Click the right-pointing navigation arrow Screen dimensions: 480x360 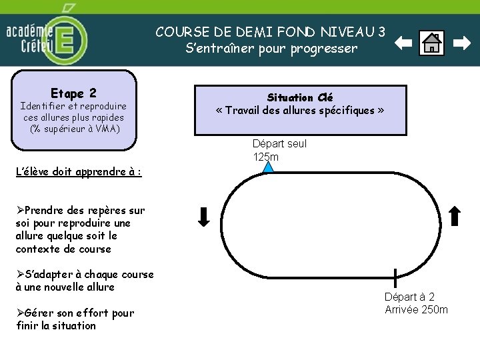tap(461, 44)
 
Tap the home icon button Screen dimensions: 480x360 tap(432, 44)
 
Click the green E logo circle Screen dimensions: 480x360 tap(65, 40)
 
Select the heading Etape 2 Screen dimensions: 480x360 tap(73, 93)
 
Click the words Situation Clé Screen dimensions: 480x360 tap(299, 97)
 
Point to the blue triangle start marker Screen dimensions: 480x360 tap(267, 167)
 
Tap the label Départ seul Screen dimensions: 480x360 tap(279, 144)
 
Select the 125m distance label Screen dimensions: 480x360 tap(265, 157)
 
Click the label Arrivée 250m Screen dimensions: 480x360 tap(416, 309)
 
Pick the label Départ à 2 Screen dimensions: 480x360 tap(409, 297)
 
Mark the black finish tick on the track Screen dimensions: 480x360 tap(395, 277)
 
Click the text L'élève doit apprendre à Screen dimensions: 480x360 tap(77, 171)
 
